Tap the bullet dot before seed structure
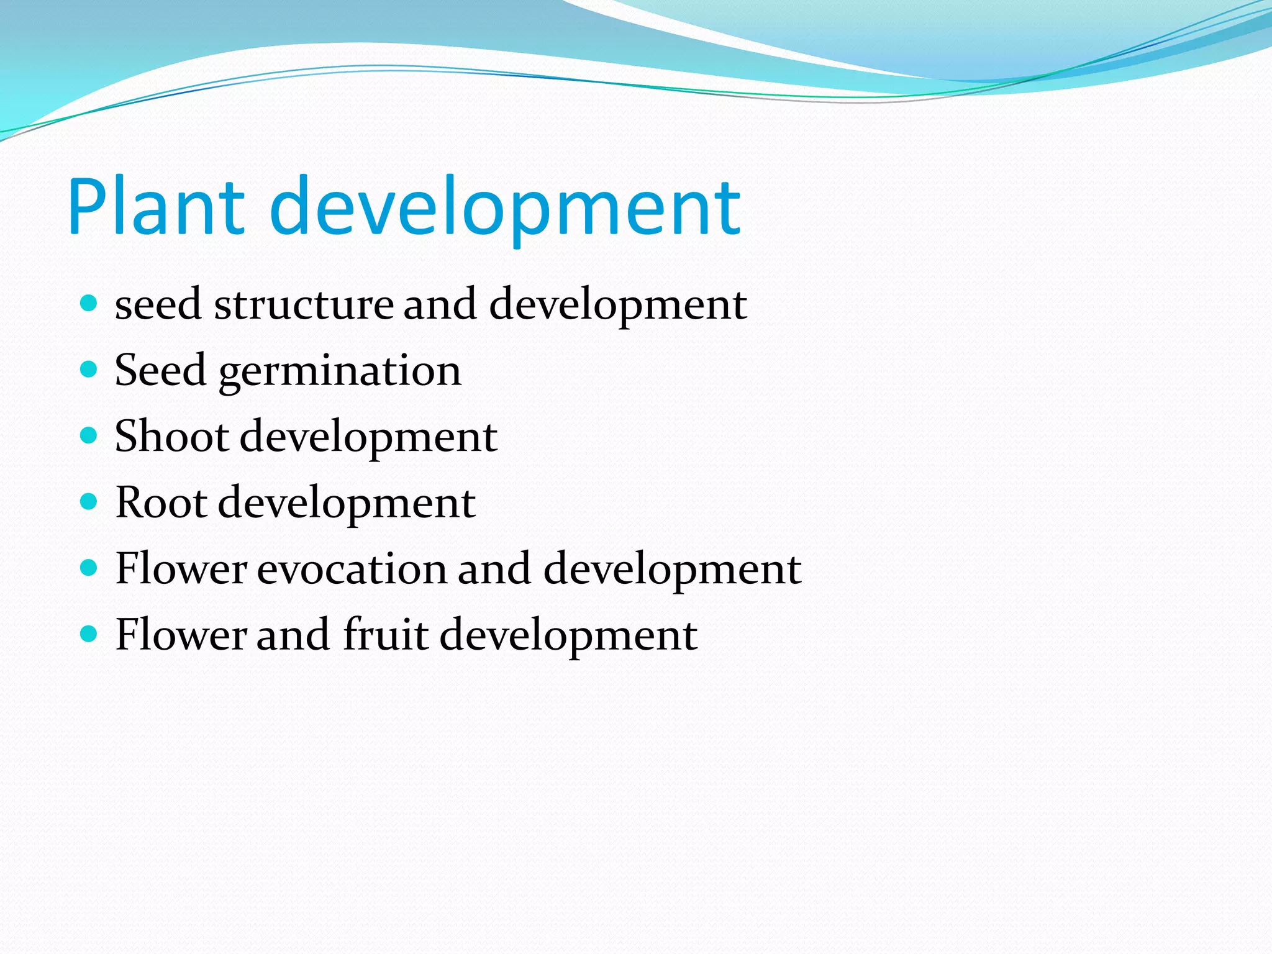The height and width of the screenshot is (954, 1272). pos(89,304)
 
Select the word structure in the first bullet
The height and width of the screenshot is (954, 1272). pos(304,305)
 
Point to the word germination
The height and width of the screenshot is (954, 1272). pos(340,372)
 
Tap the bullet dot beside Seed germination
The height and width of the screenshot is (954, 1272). pos(89,370)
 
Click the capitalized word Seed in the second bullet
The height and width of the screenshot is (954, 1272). pos(160,370)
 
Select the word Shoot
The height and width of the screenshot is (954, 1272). pos(172,436)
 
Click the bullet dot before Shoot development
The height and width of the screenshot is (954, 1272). pos(89,436)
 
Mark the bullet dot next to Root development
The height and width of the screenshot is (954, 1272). pos(89,502)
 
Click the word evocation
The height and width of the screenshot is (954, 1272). pos(352,568)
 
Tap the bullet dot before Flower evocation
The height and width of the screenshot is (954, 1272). pos(89,568)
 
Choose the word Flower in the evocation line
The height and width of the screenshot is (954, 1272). pos(181,568)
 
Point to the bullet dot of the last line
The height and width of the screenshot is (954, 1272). pos(89,634)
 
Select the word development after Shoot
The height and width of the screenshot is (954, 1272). pos(368,437)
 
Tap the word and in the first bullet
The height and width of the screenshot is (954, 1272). pos(440,305)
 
